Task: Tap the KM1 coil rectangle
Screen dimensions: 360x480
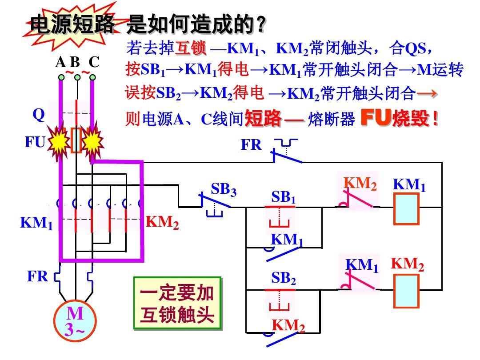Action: click(x=406, y=208)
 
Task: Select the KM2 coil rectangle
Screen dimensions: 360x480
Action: click(x=406, y=291)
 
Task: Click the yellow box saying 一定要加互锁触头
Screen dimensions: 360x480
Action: click(x=177, y=304)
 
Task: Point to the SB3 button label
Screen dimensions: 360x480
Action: click(x=224, y=190)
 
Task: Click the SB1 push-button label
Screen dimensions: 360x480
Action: click(x=284, y=197)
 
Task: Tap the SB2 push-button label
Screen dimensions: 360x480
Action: click(x=284, y=279)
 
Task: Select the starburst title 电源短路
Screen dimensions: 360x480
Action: click(x=72, y=26)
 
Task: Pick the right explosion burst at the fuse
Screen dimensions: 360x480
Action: click(x=92, y=142)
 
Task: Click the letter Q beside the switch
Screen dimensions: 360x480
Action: click(x=39, y=115)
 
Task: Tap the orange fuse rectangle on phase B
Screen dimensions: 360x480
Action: click(x=76, y=140)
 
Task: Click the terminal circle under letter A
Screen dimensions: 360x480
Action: click(x=62, y=77)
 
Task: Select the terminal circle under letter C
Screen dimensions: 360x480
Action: click(x=92, y=77)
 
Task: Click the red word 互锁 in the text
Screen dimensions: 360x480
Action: click(x=191, y=48)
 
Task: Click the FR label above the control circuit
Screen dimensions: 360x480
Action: click(x=252, y=145)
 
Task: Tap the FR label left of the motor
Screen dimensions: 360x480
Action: click(x=37, y=276)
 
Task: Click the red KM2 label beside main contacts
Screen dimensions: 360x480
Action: click(x=162, y=222)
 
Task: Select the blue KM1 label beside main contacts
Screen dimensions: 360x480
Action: click(x=36, y=223)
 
